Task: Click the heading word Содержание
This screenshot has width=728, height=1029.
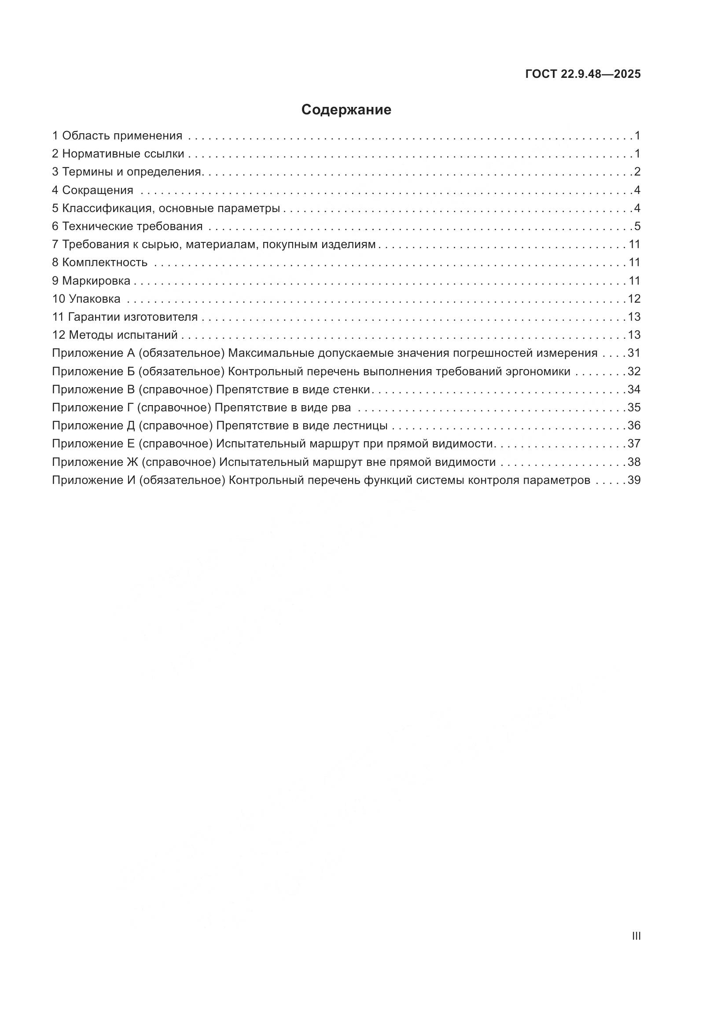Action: point(346,110)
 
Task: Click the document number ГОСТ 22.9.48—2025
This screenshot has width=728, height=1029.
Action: point(583,74)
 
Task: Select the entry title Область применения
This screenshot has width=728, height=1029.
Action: point(122,135)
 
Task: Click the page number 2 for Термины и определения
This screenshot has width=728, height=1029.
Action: point(637,172)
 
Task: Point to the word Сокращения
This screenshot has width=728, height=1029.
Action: point(98,190)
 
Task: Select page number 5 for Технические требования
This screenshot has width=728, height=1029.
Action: point(637,226)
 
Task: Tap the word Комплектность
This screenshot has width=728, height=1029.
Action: point(104,263)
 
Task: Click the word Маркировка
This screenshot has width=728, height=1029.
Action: point(96,281)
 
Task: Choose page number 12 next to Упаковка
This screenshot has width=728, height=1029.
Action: point(634,299)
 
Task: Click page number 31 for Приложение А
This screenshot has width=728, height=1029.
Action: point(634,353)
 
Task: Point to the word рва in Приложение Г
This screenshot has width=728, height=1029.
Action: point(341,408)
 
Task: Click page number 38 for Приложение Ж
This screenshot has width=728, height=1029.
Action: point(634,462)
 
